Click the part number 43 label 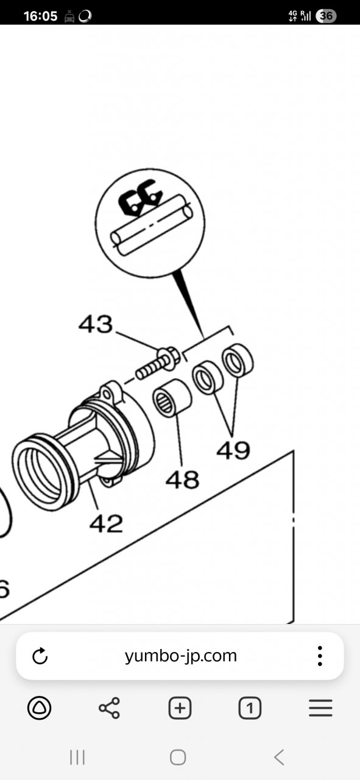96,324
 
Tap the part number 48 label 183,480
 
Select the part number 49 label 233,450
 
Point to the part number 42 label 106,523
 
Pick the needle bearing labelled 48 172,398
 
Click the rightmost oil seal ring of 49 238,361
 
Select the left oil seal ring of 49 208,378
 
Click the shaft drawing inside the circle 152,225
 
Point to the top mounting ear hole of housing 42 108,394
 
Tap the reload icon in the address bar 40,656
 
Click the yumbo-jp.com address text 181,656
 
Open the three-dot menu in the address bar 320,656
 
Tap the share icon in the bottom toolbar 109,708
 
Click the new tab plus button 180,708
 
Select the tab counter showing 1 250,708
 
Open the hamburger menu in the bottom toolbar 320,708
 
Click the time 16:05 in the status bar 40,16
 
